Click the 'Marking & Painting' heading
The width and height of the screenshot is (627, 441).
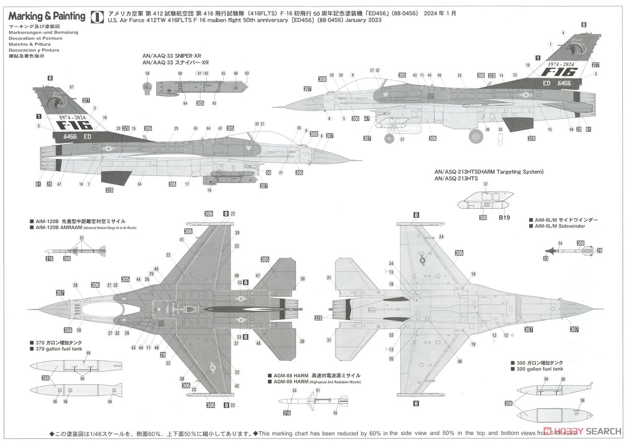tap(47, 16)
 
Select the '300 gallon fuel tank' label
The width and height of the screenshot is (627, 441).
tap(538, 368)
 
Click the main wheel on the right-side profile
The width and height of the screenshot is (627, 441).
tap(475, 136)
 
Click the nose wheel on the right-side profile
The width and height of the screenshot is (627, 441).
tap(390, 138)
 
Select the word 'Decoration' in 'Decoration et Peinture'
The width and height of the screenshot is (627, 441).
tap(20, 38)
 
